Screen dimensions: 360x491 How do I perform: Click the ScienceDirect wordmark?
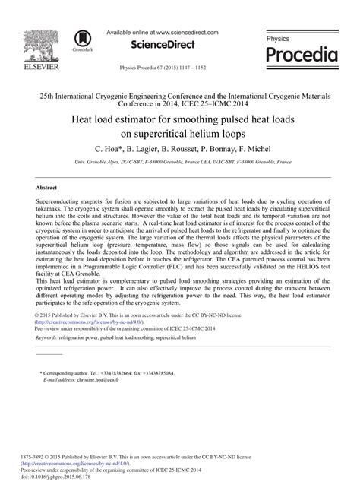point(162,45)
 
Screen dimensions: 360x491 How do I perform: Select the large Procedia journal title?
point(302,55)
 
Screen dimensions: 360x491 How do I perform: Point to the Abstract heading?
point(47,187)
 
